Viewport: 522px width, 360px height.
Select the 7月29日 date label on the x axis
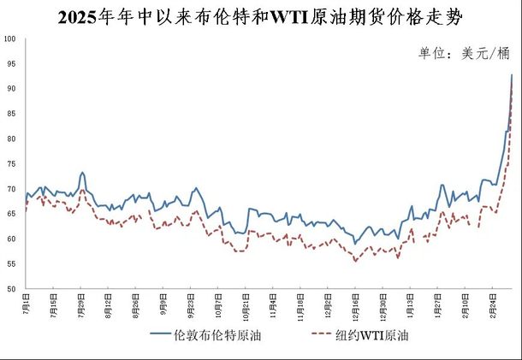click(x=82, y=305)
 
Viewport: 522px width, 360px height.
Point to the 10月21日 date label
click(x=246, y=305)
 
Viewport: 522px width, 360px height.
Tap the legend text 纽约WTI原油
click(x=373, y=335)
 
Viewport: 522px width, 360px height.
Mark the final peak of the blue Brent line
click(x=512, y=75)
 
